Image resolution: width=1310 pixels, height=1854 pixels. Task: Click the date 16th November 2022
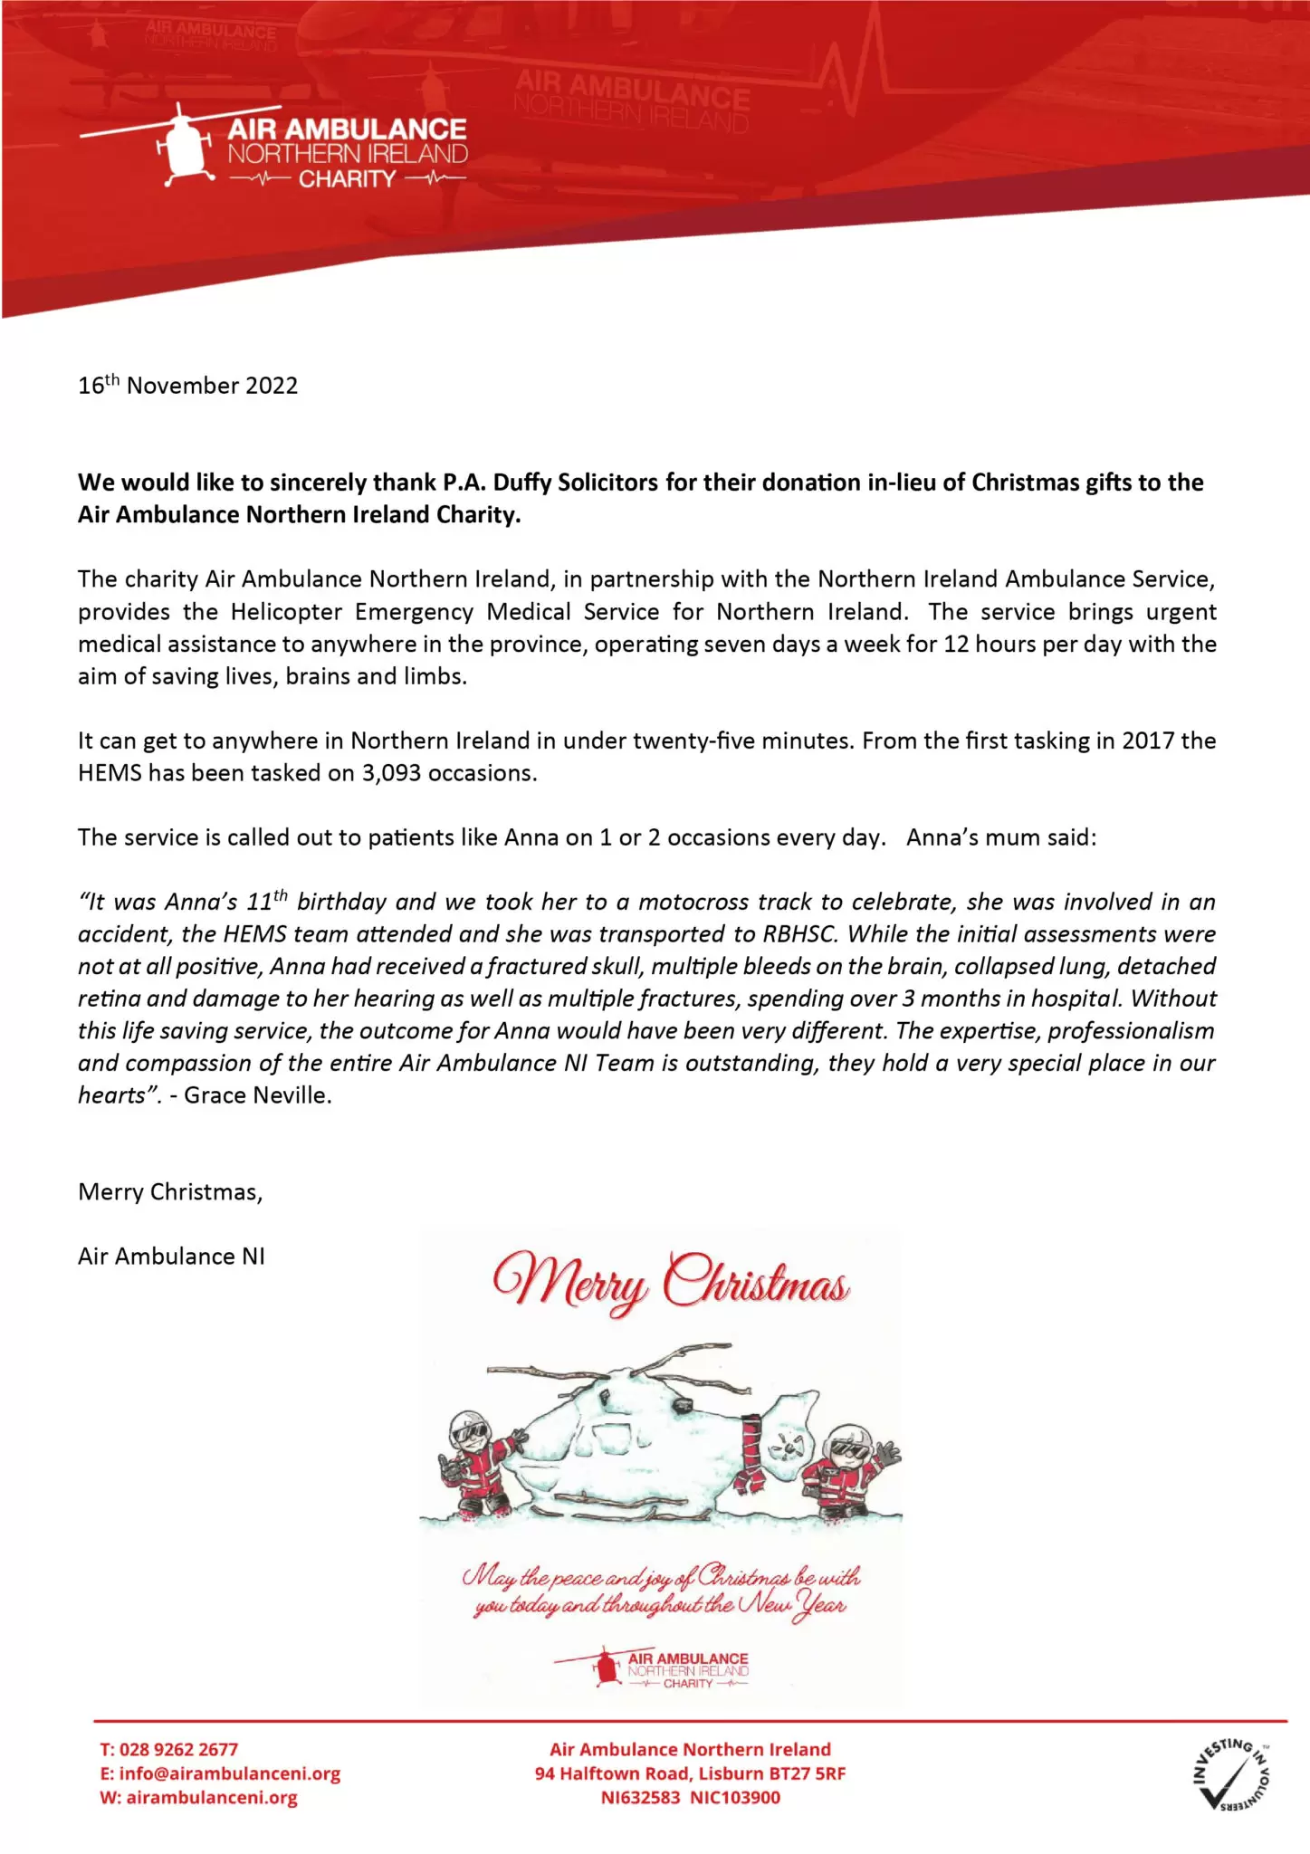[x=187, y=386]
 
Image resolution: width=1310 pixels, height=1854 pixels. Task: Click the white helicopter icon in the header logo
[x=182, y=145]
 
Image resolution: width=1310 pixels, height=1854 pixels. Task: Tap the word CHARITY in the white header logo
[x=347, y=179]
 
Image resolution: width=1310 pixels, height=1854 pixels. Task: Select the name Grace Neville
[x=257, y=1095]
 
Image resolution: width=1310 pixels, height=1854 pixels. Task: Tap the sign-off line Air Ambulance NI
[x=171, y=1257]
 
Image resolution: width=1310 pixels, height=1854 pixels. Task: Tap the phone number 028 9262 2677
[x=178, y=1750]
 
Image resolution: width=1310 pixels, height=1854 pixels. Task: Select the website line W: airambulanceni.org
[x=198, y=1798]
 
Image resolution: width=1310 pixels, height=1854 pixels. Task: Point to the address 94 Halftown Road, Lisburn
[x=690, y=1773]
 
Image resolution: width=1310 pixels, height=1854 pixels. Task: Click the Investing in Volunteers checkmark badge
[x=1231, y=1773]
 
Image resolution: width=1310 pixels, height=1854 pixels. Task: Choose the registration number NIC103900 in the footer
[x=735, y=1798]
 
